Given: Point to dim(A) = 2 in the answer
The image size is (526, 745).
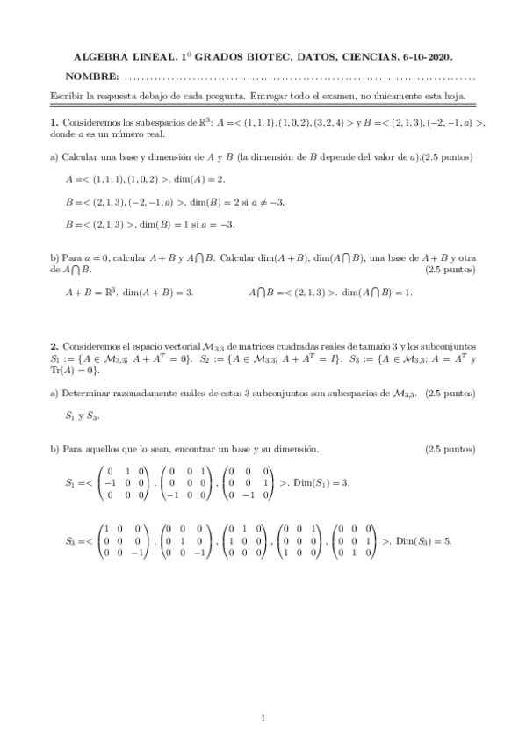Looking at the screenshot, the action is tap(201, 178).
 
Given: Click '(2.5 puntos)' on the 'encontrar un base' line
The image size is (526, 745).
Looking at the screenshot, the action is tap(450, 449).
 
